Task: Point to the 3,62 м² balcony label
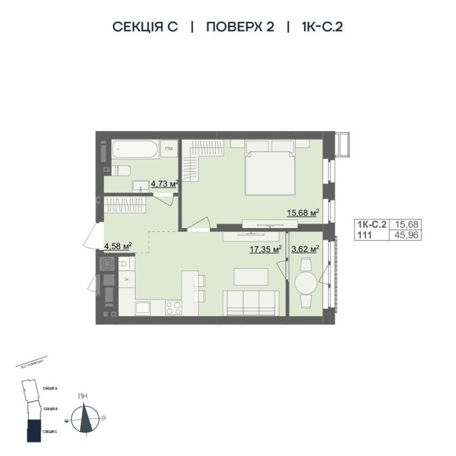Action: click(x=306, y=249)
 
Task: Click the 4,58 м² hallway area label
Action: click(x=118, y=245)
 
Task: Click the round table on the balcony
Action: click(x=306, y=283)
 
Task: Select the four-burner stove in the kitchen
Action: click(x=173, y=308)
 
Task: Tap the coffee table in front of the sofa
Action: click(x=250, y=276)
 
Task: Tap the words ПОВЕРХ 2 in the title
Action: click(x=240, y=27)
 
